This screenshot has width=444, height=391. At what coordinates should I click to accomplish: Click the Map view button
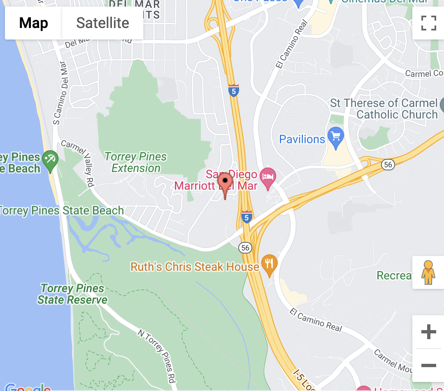34,23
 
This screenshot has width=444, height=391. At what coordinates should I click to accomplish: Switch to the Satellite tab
102,23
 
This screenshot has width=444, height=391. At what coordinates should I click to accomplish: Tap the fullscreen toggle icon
428,23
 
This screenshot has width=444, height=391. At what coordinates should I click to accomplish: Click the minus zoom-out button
428,365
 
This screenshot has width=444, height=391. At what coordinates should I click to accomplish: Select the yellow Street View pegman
428,272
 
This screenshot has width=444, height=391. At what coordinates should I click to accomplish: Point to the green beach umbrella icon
51,160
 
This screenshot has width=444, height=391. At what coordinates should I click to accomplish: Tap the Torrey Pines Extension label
136,163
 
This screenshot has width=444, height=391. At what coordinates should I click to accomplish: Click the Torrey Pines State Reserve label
72,294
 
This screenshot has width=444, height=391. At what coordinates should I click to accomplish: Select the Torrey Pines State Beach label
62,211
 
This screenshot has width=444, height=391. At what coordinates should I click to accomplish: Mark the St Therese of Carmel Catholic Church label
384,109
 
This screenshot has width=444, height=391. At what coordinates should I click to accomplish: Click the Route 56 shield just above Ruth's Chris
245,247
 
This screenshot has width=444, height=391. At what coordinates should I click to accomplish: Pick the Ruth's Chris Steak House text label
195,267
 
